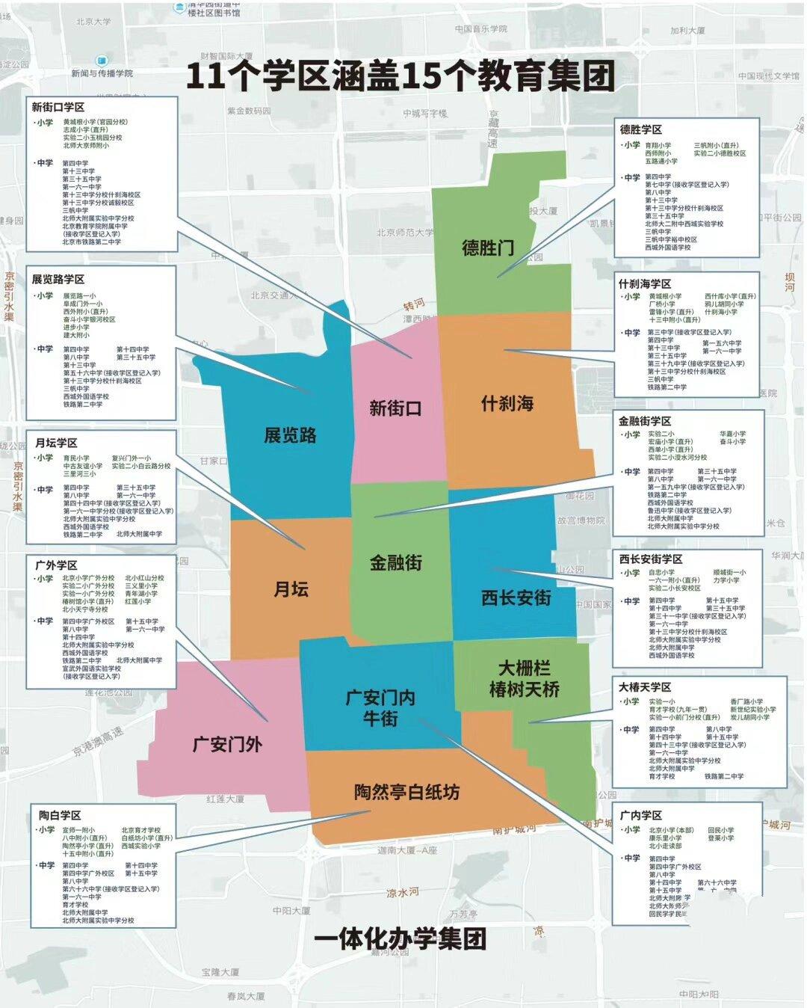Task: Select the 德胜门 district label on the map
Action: [x=488, y=248]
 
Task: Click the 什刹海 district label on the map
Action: [x=507, y=404]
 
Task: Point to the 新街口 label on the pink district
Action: [x=395, y=408]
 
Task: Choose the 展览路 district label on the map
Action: [x=290, y=435]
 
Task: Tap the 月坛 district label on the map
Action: [x=291, y=589]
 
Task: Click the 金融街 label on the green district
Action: [x=396, y=562]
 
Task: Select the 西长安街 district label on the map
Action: [x=516, y=597]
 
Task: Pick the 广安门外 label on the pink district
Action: [x=227, y=744]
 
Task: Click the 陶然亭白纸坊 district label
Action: [x=406, y=792]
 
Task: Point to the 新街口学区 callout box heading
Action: [x=58, y=107]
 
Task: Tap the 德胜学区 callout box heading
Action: [x=640, y=129]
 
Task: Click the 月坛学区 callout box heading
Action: [x=56, y=443]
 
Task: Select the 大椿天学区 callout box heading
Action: [x=645, y=686]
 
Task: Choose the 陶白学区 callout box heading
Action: [x=60, y=815]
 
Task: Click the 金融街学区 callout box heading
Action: [x=645, y=421]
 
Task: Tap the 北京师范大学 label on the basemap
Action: [x=405, y=233]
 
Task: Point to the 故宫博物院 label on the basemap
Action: [x=581, y=520]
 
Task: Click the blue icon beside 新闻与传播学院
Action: [x=102, y=60]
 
